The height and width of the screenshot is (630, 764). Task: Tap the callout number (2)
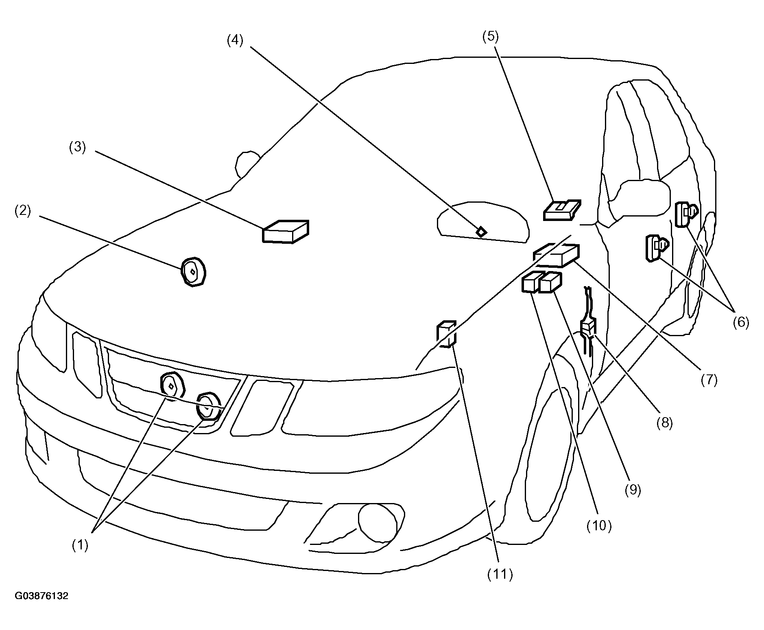coord(22,211)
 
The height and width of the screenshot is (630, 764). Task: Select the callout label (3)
coord(77,147)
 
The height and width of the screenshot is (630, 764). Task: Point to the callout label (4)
coord(235,41)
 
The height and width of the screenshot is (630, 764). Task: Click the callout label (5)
coord(490,36)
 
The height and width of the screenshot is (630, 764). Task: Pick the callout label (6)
coord(740,322)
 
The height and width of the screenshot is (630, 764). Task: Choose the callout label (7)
coord(709,380)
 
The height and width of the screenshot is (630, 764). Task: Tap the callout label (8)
coord(664,423)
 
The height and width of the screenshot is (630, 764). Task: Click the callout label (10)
coord(599,526)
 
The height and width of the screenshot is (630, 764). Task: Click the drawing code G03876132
coord(41,596)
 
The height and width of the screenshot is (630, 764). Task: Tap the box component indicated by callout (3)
coord(285,232)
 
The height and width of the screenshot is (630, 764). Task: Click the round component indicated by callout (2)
coord(193,272)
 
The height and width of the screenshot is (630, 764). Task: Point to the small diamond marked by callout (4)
coord(481,232)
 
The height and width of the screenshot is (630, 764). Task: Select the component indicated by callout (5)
coord(562,210)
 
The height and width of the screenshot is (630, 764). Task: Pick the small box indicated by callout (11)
coord(446,334)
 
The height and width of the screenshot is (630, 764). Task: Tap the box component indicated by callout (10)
coord(530,282)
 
